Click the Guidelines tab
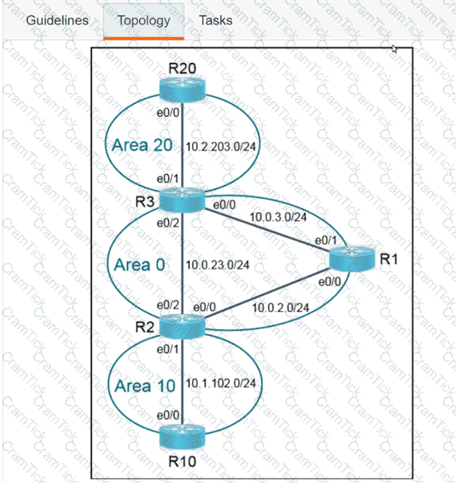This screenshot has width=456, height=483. pyautogui.click(x=57, y=20)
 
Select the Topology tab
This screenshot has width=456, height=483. pyautogui.click(x=143, y=20)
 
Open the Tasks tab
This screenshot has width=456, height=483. pyautogui.click(x=215, y=20)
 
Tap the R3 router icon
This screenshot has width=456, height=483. pyautogui.click(x=182, y=200)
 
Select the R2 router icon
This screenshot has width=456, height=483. pyautogui.click(x=182, y=325)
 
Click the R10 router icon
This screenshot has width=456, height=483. pyautogui.click(x=182, y=437)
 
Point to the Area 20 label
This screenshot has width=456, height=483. pyautogui.click(x=141, y=145)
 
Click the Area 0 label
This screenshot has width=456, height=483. pyautogui.click(x=142, y=265)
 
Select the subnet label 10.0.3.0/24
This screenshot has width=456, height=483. pyautogui.click(x=279, y=216)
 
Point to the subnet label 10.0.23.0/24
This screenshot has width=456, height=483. pyautogui.click(x=218, y=265)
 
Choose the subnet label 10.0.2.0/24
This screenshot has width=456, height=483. pyautogui.click(x=280, y=307)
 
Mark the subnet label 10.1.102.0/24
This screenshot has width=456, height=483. pyautogui.click(x=220, y=384)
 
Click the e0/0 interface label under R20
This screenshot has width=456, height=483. pyautogui.click(x=168, y=111)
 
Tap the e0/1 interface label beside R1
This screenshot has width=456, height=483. pyautogui.click(x=326, y=240)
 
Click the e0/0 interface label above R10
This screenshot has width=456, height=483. pyautogui.click(x=168, y=416)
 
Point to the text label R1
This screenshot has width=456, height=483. pyautogui.click(x=389, y=259)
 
